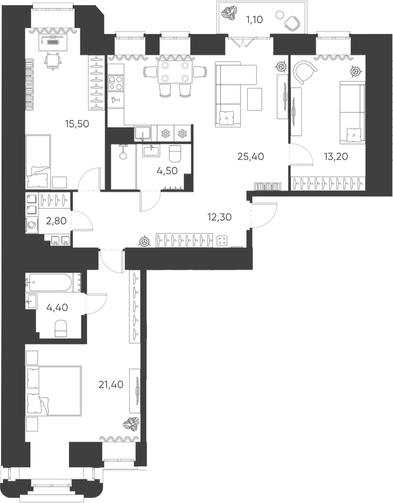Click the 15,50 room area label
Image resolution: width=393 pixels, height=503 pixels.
pyautogui.click(x=77, y=124)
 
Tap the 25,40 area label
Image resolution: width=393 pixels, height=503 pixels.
pyautogui.click(x=251, y=156)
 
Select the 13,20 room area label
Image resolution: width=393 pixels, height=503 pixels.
pyautogui.click(x=336, y=156)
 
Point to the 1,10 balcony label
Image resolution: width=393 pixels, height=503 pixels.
pyautogui.click(x=254, y=20)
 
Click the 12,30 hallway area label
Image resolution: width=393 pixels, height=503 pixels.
pyautogui.click(x=219, y=217)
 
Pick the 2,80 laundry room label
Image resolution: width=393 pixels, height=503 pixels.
pyautogui.click(x=56, y=221)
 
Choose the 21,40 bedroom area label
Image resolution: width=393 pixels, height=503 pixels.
pyautogui.click(x=111, y=384)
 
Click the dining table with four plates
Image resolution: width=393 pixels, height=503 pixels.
pyautogui.click(x=175, y=72)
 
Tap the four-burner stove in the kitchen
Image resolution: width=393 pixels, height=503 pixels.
pyautogui.click(x=115, y=83)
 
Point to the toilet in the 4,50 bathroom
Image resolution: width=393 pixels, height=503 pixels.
pyautogui.click(x=175, y=153)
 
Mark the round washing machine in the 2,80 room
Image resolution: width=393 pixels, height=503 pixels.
pyautogui.click(x=32, y=225)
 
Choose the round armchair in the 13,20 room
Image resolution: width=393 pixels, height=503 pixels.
pyautogui.click(x=304, y=73)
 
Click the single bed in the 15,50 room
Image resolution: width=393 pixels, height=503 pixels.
pyautogui.click(x=39, y=161)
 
